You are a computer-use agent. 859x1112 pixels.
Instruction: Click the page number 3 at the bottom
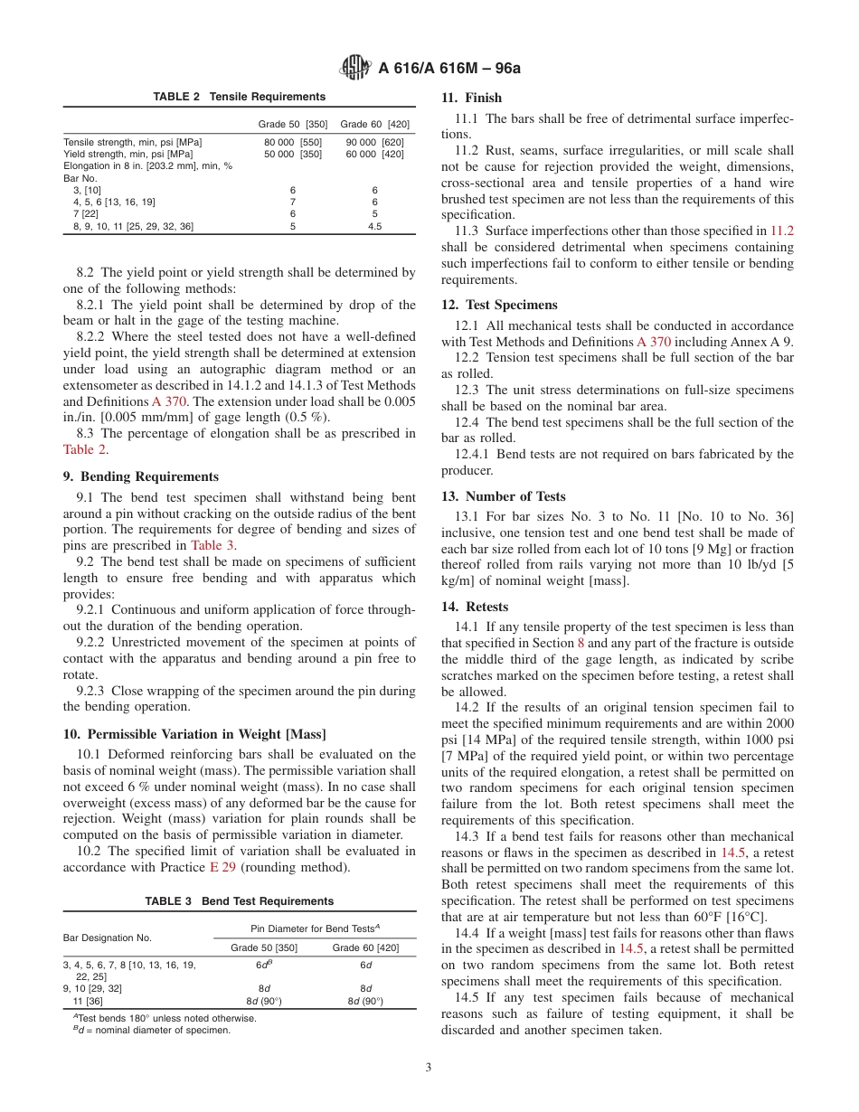(x=429, y=1067)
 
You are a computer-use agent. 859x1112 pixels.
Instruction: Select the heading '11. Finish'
(x=471, y=98)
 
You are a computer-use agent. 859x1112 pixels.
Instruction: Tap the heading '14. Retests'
(x=475, y=607)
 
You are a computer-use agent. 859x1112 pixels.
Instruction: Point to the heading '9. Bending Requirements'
(x=140, y=476)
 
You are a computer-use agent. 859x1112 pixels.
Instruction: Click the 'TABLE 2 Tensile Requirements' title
(x=239, y=97)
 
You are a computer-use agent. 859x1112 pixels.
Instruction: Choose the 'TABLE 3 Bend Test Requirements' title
(x=239, y=901)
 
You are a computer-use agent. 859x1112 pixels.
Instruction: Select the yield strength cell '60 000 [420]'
(x=374, y=155)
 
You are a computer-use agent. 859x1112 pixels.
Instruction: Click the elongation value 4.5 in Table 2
(x=374, y=226)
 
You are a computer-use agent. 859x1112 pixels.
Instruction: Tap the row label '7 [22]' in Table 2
(x=85, y=214)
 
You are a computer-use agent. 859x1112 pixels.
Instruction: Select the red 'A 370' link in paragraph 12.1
(x=654, y=342)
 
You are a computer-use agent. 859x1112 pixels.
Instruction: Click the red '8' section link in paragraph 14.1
(x=581, y=643)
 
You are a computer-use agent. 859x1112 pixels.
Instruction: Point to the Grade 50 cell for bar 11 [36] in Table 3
(x=264, y=1001)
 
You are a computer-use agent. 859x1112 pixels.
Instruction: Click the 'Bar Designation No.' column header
(x=108, y=938)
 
